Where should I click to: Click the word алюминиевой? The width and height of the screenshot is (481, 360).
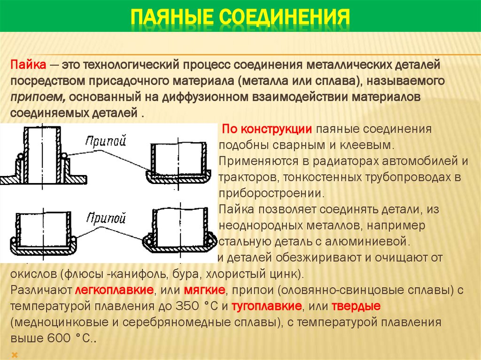(x=371, y=242)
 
